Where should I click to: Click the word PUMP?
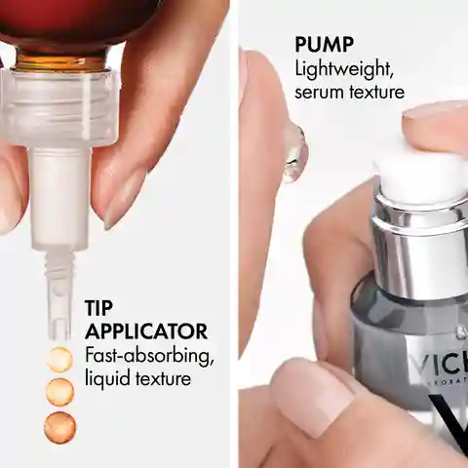[324, 45]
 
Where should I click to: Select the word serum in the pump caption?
[320, 93]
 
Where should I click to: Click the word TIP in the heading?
[98, 308]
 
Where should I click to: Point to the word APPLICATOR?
[146, 331]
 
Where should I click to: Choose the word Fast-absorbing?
[149, 356]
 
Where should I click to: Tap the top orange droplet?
[59, 360]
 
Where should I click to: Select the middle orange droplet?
[59, 392]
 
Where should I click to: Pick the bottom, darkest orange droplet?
[60, 427]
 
